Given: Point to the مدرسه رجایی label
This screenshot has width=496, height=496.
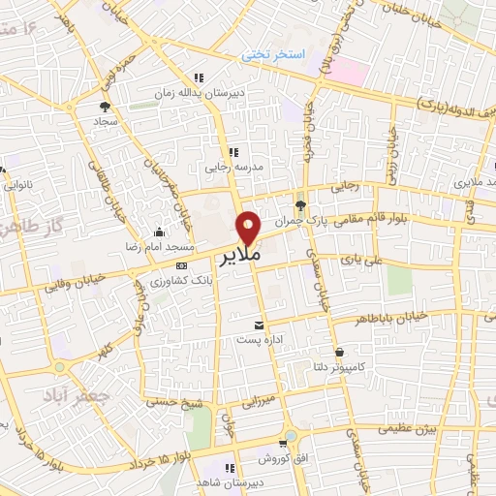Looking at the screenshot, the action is pos(230,167).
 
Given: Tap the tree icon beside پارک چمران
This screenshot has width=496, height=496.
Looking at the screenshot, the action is pos(300,204).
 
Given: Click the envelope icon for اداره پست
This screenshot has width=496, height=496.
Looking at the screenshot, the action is pos(259,325).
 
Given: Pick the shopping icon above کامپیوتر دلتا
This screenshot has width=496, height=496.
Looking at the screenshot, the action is pos(339,352).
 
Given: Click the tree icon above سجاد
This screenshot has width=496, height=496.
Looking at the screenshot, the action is pos(104,108).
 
